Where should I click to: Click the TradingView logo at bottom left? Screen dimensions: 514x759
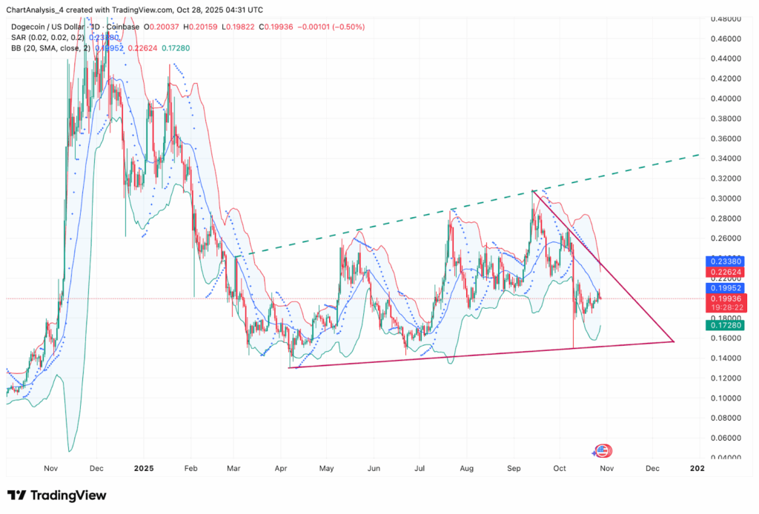[x=56, y=495]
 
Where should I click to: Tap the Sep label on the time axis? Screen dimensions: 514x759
[x=513, y=469]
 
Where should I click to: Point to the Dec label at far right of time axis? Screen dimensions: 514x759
[x=652, y=469]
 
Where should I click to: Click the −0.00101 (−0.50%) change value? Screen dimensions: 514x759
[x=331, y=27]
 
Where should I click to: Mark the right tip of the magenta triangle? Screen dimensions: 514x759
[x=673, y=341]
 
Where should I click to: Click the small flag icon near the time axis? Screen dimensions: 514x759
[x=602, y=451]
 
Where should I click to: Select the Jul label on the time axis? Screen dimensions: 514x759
[x=420, y=469]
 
